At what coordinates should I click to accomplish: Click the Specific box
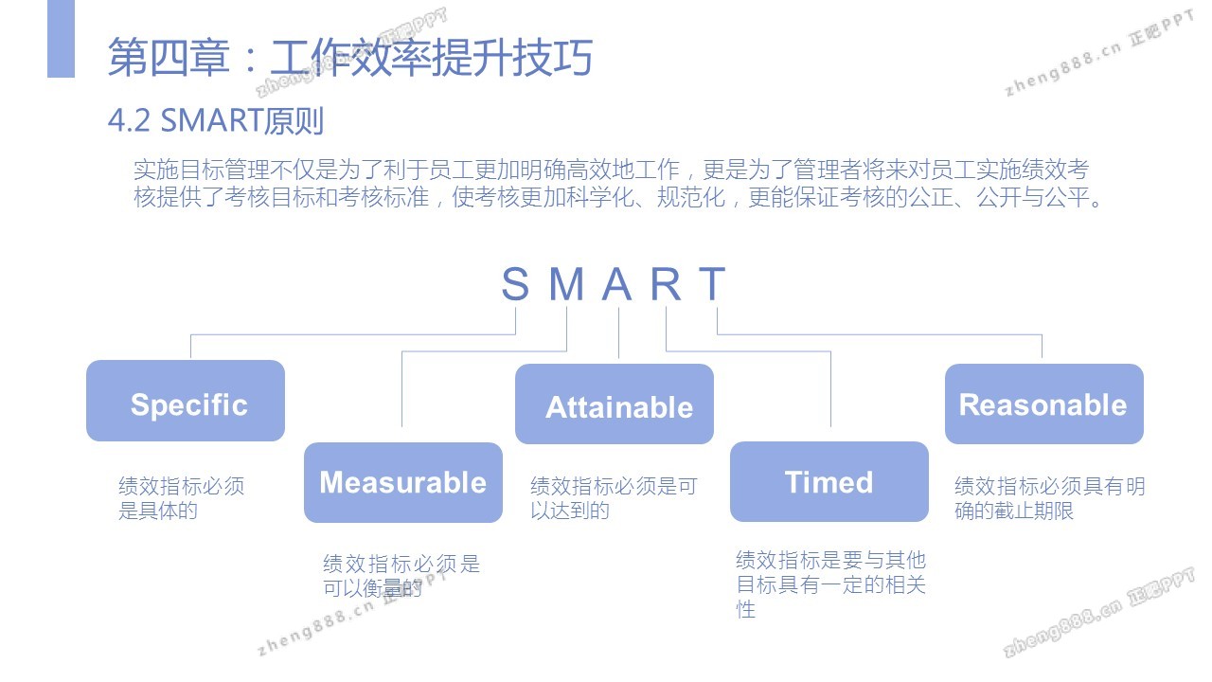[x=186, y=401]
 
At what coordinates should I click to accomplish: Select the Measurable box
[x=403, y=482]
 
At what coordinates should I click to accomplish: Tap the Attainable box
[x=615, y=404]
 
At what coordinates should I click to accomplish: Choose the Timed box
[x=829, y=482]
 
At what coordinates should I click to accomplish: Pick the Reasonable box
[x=1044, y=404]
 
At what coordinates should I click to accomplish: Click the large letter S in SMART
[x=515, y=283]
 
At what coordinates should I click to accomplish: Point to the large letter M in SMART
[x=567, y=283]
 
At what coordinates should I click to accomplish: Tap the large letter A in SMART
[x=617, y=283]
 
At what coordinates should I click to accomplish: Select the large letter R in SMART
[x=666, y=283]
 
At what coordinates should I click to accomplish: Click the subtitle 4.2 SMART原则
[x=216, y=120]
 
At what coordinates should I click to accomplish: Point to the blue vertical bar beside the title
[x=62, y=39]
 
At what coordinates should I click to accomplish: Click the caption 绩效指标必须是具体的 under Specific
[x=181, y=498]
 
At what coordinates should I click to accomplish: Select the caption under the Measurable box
[x=401, y=575]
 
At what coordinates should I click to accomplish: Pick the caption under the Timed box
[x=830, y=584]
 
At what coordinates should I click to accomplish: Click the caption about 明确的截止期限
[x=1050, y=498]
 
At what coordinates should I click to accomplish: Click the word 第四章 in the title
[x=169, y=57]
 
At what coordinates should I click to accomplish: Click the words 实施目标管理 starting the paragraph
[x=202, y=170]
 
